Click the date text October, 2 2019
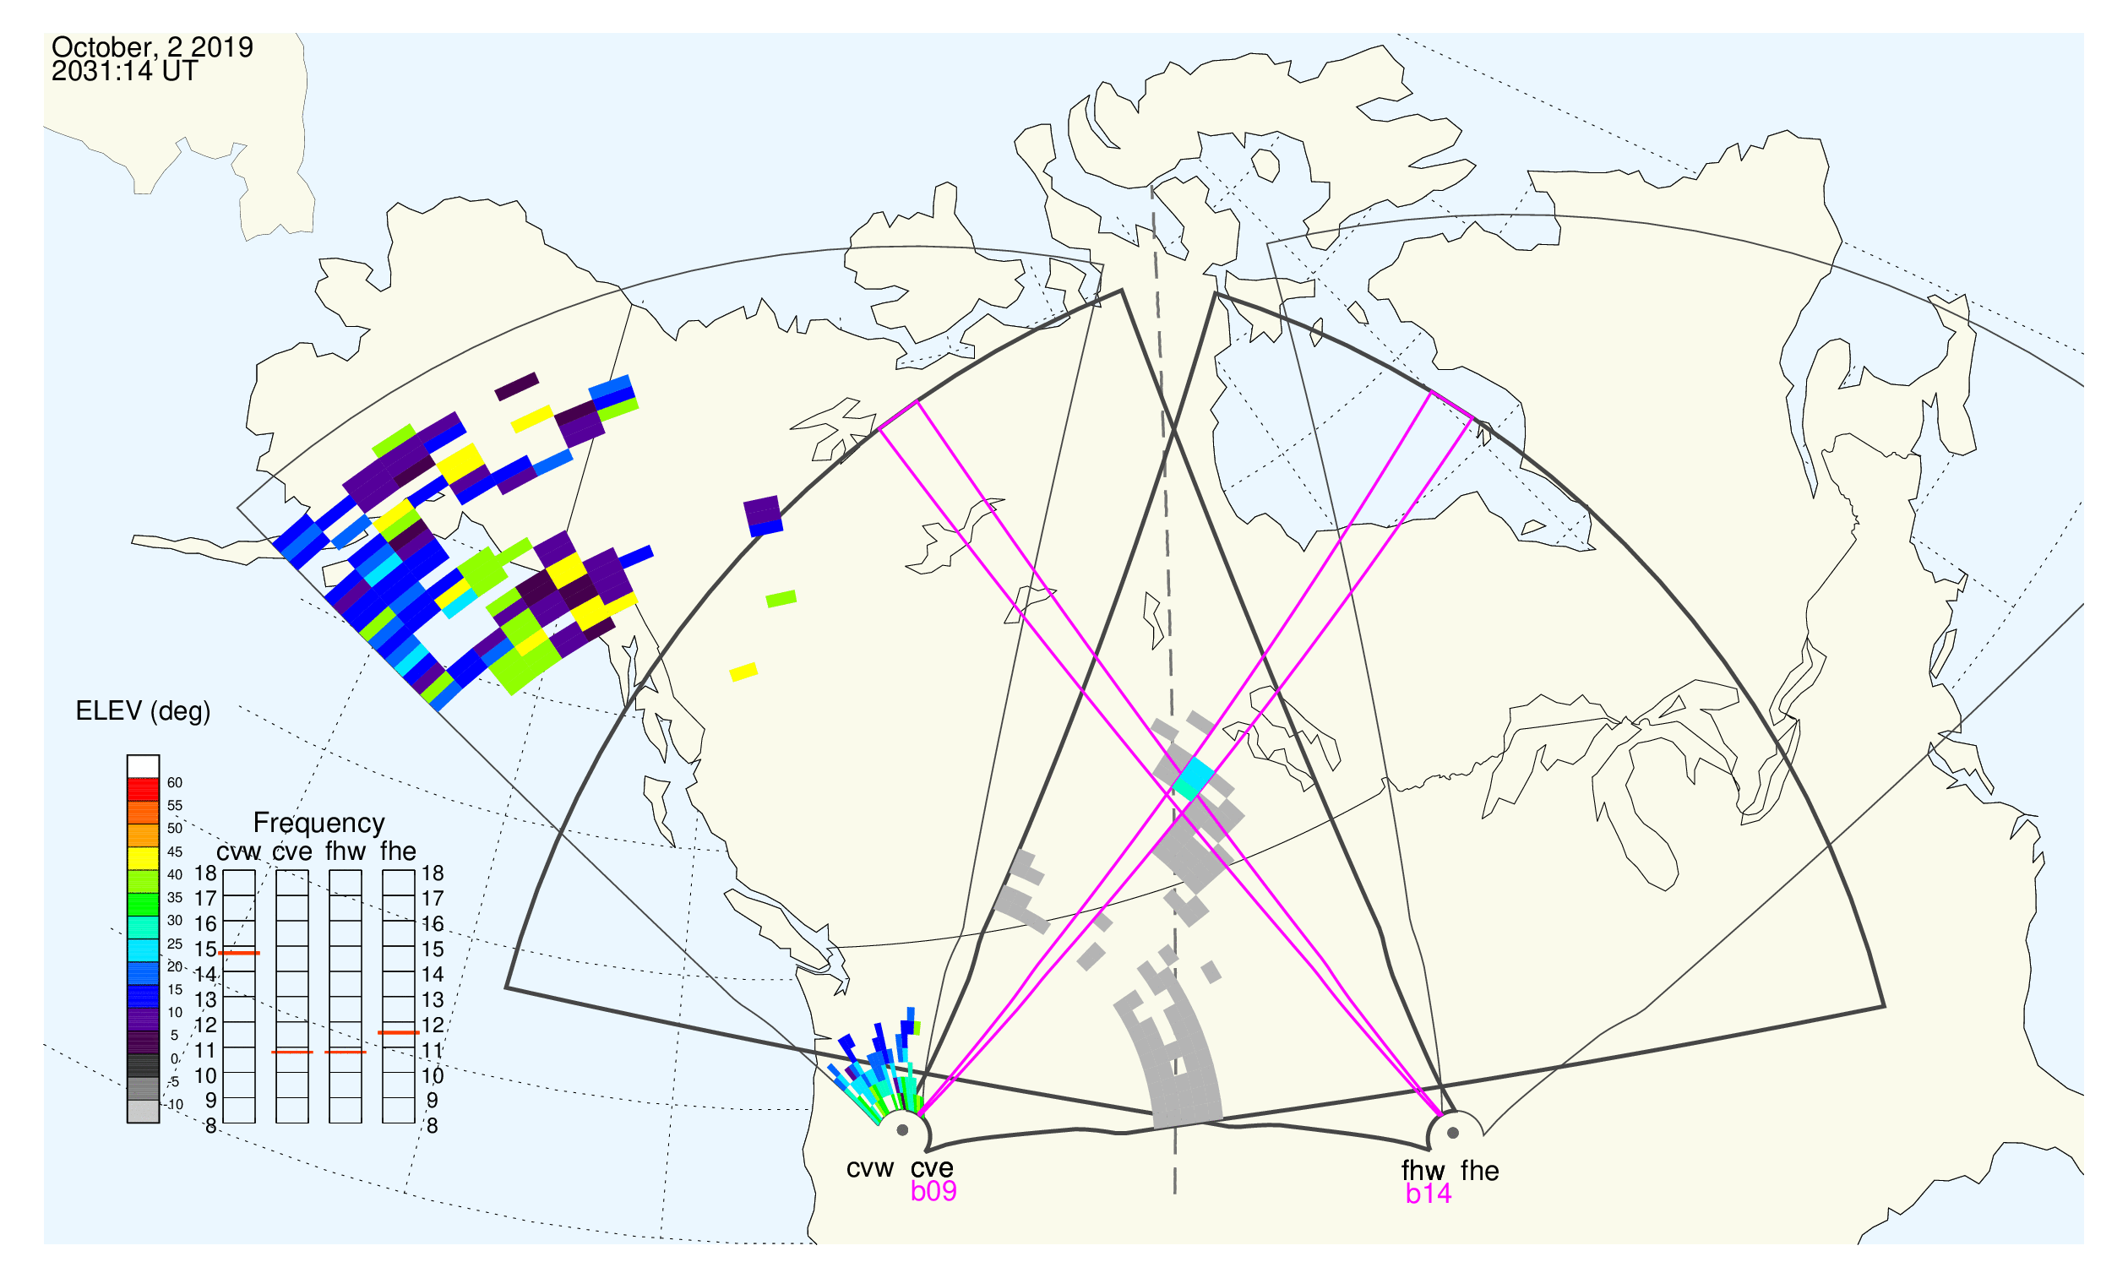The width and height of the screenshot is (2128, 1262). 152,47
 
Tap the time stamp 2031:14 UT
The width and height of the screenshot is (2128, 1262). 125,72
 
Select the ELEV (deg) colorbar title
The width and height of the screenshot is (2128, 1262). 143,711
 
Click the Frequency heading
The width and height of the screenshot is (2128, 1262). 319,823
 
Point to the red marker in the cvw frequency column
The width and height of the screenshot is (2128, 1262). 239,954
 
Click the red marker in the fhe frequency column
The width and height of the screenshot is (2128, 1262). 399,1032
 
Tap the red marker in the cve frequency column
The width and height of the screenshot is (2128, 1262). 292,1052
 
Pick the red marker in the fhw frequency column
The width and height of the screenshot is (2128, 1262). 346,1052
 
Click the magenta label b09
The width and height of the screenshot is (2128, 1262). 933,1191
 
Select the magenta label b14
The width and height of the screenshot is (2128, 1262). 1429,1194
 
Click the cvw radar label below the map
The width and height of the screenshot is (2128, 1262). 870,1168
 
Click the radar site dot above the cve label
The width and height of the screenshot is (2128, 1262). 902,1130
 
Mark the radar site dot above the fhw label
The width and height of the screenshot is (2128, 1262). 1454,1133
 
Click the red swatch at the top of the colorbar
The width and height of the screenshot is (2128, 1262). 143,789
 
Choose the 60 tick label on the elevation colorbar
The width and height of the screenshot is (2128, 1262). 174,782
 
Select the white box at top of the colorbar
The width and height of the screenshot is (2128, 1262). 143,766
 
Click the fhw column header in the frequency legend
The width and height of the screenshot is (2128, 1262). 346,851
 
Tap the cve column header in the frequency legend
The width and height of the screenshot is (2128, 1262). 292,852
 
